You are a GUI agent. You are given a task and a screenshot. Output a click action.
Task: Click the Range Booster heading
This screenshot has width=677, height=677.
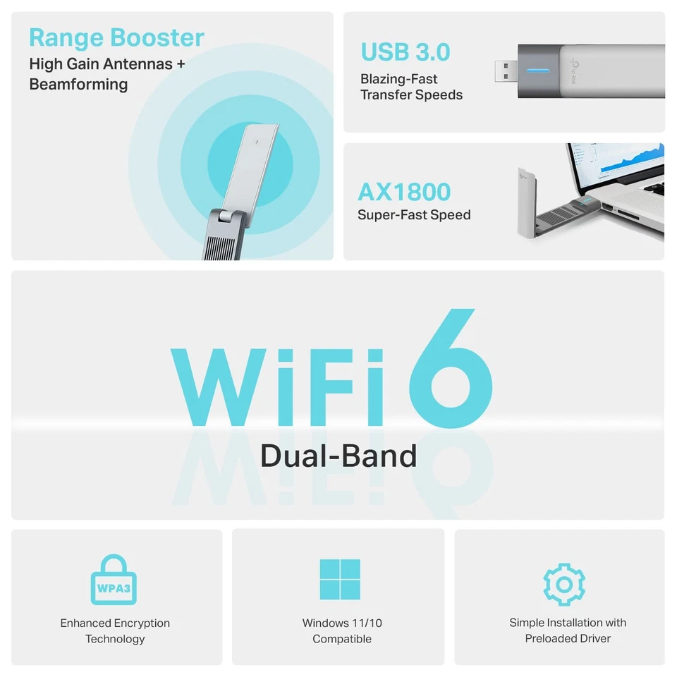[116, 37]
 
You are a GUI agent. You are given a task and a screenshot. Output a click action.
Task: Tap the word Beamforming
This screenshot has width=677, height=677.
[78, 85]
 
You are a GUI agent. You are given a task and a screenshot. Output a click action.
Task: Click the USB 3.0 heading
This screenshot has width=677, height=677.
[405, 51]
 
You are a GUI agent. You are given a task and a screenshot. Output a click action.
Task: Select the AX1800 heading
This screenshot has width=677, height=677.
[403, 192]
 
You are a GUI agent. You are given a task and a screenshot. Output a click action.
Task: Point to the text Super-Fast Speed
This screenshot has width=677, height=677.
[414, 215]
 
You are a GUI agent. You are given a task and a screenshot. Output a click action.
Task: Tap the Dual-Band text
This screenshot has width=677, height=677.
[338, 456]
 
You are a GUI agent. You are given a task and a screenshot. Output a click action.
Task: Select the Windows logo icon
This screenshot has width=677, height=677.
[339, 579]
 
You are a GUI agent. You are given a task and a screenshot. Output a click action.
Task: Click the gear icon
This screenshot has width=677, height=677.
[564, 583]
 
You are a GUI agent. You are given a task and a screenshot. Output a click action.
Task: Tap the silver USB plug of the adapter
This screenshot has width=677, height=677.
[505, 71]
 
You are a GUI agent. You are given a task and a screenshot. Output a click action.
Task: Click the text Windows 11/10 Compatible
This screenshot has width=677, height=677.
[342, 631]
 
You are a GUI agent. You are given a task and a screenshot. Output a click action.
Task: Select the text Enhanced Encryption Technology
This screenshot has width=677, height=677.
[115, 631]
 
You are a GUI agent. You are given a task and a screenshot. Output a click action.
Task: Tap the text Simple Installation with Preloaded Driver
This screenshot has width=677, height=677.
[568, 630]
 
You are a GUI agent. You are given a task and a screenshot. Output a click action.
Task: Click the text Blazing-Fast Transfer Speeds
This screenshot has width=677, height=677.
[411, 87]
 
